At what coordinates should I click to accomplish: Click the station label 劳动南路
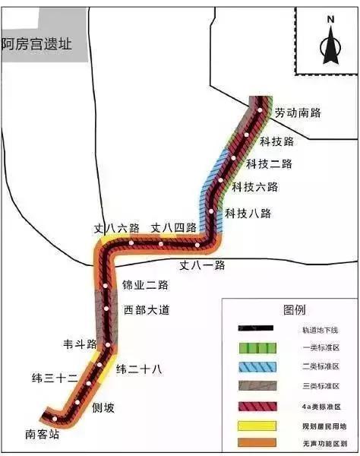(x=298, y=112)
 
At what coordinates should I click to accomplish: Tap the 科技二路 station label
(x=269, y=163)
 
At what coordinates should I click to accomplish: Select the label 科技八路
(x=248, y=213)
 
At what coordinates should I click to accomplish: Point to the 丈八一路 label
(x=202, y=265)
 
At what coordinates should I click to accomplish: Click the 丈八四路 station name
(x=173, y=227)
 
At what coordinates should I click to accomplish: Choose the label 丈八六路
(x=116, y=227)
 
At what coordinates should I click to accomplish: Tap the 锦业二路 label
(x=145, y=285)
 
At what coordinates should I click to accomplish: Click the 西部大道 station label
(x=147, y=310)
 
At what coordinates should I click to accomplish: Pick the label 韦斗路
(x=79, y=344)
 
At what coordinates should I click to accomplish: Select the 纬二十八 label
(x=139, y=369)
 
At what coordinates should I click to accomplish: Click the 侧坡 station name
(x=103, y=407)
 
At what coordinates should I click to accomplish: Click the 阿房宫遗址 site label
(x=36, y=43)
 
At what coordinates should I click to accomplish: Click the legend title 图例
(x=294, y=310)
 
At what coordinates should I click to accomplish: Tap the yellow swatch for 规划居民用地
(x=255, y=424)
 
